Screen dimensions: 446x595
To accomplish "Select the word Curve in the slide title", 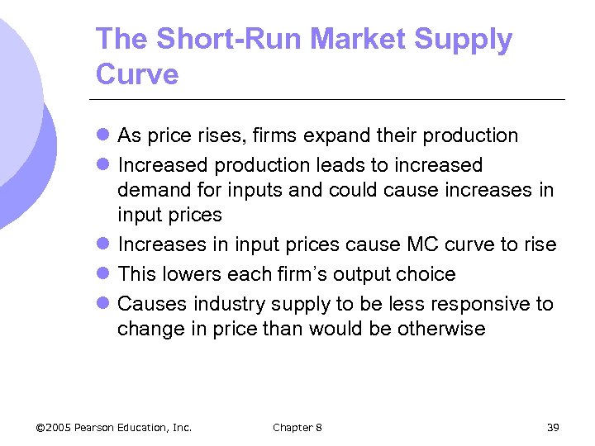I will (x=137, y=74).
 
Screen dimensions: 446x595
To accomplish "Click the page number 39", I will (x=553, y=427).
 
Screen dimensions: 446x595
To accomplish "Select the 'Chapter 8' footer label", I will (x=297, y=427).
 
